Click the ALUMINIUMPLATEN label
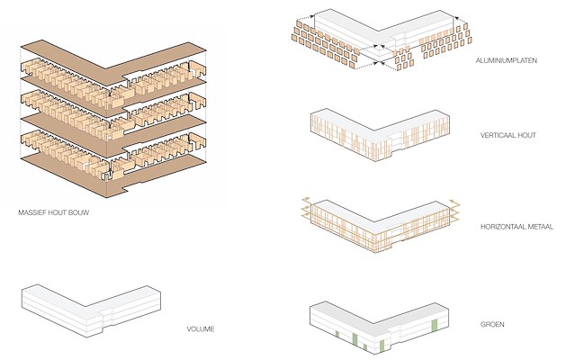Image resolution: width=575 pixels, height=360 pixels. pos(508,60)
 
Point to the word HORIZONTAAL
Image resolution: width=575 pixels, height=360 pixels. pos(502,227)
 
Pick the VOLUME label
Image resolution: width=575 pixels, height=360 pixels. pos(201,328)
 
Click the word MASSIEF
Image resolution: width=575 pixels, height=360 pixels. pos(32,214)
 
